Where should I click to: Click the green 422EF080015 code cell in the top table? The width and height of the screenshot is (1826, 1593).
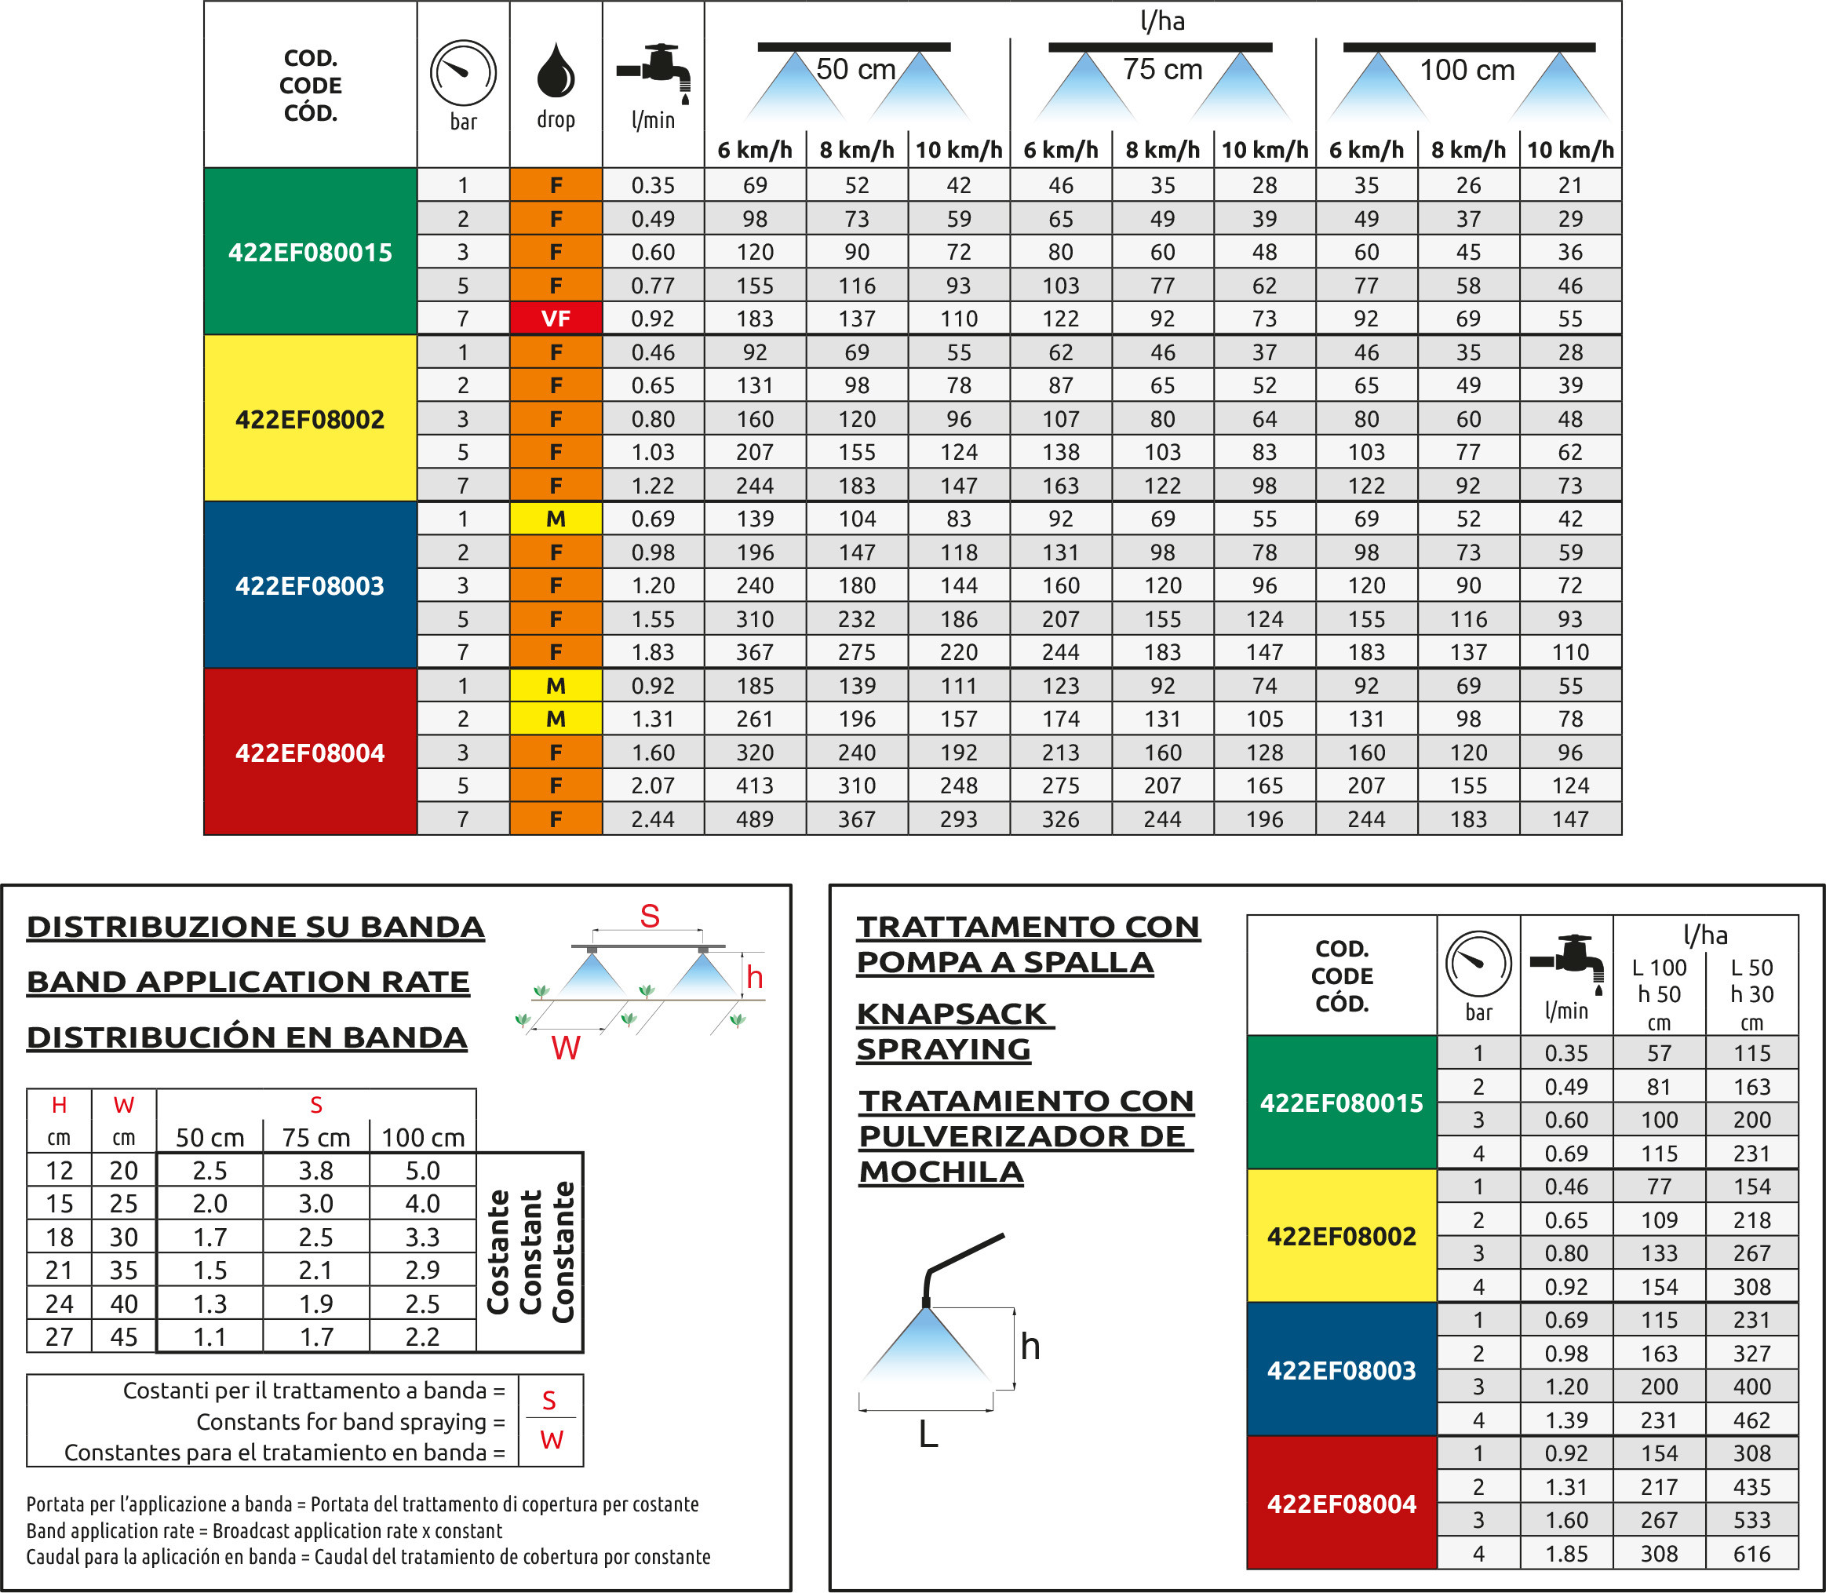pyautogui.click(x=309, y=252)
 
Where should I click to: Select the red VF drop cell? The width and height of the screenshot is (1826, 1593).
pyautogui.click(x=556, y=319)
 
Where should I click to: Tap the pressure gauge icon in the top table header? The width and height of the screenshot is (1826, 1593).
pyautogui.click(x=463, y=73)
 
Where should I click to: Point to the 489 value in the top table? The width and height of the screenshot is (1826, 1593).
pyautogui.click(x=755, y=818)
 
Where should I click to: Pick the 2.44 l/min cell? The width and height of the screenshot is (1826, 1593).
pyautogui.click(x=653, y=818)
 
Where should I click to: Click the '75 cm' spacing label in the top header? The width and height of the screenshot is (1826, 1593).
pyautogui.click(x=1162, y=69)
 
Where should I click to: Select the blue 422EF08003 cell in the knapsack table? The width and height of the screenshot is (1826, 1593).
pyautogui.click(x=1342, y=1370)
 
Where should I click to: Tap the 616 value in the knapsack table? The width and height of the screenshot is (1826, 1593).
pyautogui.click(x=1751, y=1554)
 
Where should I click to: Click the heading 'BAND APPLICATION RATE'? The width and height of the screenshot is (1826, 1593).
pyautogui.click(x=248, y=982)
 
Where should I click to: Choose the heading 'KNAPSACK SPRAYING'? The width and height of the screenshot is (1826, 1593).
pyautogui.click(x=951, y=1031)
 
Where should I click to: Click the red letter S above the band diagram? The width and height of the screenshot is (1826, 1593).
pyautogui.click(x=650, y=916)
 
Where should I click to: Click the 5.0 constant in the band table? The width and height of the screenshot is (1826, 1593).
pyautogui.click(x=422, y=1170)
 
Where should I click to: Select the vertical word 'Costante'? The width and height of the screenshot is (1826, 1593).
pyautogui.click(x=498, y=1252)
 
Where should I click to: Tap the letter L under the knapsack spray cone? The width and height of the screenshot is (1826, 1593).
pyautogui.click(x=928, y=1433)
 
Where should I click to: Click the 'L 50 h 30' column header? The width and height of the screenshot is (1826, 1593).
pyautogui.click(x=1751, y=993)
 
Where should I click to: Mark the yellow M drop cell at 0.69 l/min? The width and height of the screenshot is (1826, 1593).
pyautogui.click(x=556, y=518)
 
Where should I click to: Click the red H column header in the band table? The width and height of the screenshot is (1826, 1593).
pyautogui.click(x=59, y=1105)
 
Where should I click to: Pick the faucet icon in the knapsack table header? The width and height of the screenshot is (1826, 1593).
pyautogui.click(x=1566, y=963)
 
